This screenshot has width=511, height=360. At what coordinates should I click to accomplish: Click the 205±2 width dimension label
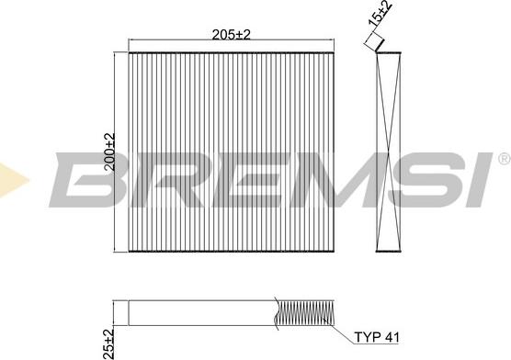click(x=231, y=35)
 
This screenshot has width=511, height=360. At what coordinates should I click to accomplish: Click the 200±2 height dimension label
click(x=109, y=152)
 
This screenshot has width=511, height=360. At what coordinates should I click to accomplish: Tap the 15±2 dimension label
click(x=380, y=13)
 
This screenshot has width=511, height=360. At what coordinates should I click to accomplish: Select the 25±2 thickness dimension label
click(x=108, y=344)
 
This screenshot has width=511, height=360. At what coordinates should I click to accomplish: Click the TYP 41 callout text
click(x=377, y=337)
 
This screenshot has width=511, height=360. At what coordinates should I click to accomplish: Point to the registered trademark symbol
click(x=505, y=159)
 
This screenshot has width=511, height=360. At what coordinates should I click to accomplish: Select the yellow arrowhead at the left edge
click(x=13, y=180)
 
